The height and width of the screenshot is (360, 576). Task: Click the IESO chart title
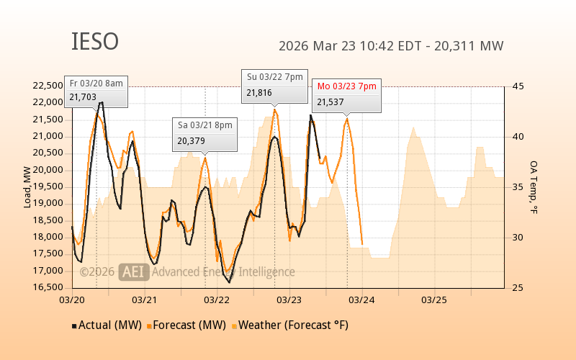point(95,42)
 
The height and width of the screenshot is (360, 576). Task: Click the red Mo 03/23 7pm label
point(347,86)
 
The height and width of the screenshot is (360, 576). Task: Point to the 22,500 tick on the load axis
point(48,86)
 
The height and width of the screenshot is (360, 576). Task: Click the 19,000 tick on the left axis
point(48,203)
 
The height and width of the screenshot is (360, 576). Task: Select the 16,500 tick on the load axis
point(48,287)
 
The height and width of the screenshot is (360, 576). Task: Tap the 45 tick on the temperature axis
point(518,86)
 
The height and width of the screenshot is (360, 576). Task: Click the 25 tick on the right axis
point(518,287)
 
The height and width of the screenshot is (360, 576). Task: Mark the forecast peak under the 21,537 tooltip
point(347,119)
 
